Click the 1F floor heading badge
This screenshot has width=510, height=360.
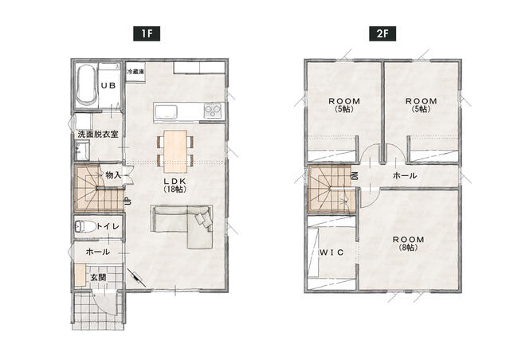click(x=147, y=33)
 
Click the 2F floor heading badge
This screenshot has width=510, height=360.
click(x=382, y=33)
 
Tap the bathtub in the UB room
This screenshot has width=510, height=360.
click(x=86, y=85)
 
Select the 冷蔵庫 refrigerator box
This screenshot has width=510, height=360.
click(x=135, y=72)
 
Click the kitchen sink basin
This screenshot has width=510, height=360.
click(x=166, y=112)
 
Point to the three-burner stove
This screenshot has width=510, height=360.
click(x=213, y=111)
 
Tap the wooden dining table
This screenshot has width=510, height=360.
click(x=175, y=151)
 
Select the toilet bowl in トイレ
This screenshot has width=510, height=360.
click(x=84, y=226)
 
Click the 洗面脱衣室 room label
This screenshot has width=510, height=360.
click(x=98, y=134)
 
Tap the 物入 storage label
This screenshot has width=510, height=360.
click(x=113, y=175)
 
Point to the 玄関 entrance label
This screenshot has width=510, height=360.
click(x=98, y=278)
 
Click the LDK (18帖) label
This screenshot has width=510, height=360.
click(x=175, y=185)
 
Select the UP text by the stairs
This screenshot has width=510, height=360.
click(x=128, y=201)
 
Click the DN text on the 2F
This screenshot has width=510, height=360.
click(x=355, y=176)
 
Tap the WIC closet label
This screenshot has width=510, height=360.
click(x=331, y=252)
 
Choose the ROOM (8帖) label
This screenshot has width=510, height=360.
click(x=409, y=243)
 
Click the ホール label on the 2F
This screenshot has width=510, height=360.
click(x=405, y=175)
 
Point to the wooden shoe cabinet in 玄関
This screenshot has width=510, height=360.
click(x=80, y=275)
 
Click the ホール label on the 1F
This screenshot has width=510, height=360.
click(x=97, y=252)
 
